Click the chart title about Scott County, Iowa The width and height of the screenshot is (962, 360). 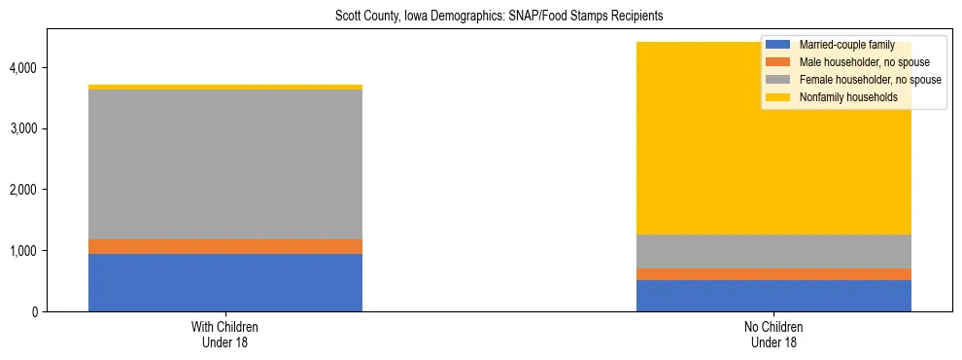498,17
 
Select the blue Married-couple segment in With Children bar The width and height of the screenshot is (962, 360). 225,282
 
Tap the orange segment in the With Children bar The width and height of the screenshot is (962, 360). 225,246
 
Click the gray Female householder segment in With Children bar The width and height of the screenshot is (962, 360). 225,164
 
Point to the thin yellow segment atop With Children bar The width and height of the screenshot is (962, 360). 225,88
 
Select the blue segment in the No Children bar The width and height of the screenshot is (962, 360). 773,296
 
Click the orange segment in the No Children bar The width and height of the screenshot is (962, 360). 773,274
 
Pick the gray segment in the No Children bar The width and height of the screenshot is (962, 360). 773,251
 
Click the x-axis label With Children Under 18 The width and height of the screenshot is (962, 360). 225,334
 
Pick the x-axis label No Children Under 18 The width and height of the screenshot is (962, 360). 773,334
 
